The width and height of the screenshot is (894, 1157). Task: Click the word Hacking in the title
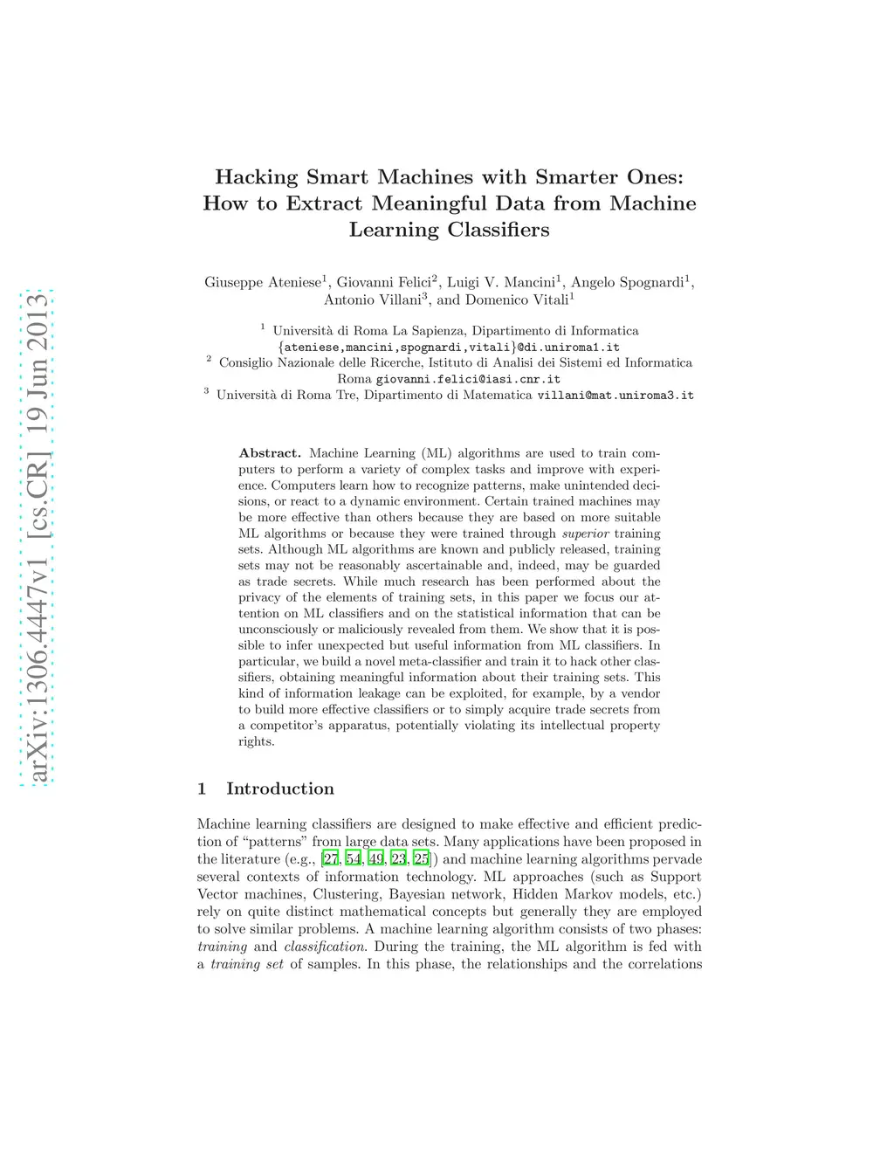[x=257, y=177]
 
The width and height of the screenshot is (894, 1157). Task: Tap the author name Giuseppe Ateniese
[x=263, y=282]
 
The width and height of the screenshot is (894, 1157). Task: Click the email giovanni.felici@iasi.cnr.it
[x=468, y=379]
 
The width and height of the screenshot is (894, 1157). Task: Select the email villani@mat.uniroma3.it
[x=615, y=396]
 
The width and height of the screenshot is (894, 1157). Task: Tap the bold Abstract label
[x=270, y=453]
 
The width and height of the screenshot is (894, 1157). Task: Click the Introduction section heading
[x=280, y=789]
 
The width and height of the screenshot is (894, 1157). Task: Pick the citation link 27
[x=331, y=859]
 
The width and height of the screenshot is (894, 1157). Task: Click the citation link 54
[x=354, y=859]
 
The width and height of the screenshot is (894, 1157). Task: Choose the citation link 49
[x=376, y=859]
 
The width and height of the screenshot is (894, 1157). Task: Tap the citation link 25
[x=422, y=859]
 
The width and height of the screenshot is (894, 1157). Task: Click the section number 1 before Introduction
[x=202, y=789]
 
